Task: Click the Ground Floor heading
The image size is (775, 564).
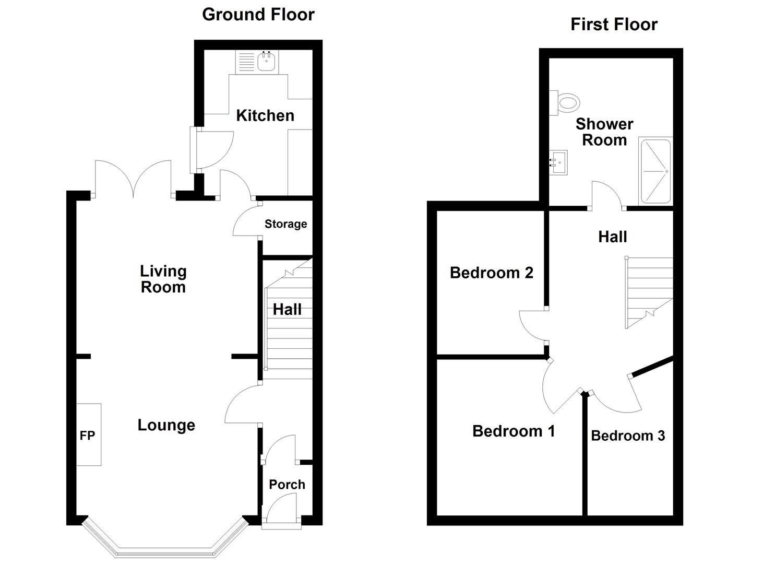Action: point(258,15)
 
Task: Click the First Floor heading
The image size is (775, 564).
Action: point(614,25)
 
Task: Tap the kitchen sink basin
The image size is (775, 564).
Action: point(266,62)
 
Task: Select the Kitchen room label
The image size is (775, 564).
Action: point(265,115)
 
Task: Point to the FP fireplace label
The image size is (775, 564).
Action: point(87,436)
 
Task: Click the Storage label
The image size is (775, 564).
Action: point(286,225)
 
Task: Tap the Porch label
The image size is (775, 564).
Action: point(287,485)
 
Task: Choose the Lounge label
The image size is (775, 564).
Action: point(166,426)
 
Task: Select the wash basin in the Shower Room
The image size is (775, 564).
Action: point(558,162)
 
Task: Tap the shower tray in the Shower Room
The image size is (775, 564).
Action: point(655,171)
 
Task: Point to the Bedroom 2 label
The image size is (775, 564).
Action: point(491,273)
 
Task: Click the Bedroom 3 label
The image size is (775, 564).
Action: point(628,436)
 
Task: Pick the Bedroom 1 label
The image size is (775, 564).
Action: point(514,431)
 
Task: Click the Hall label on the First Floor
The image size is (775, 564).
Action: point(612,237)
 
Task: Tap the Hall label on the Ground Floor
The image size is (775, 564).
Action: point(287,310)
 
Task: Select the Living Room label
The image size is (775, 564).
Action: point(163,279)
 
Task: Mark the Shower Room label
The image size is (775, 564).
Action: point(604,132)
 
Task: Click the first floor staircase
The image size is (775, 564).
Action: point(649,292)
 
